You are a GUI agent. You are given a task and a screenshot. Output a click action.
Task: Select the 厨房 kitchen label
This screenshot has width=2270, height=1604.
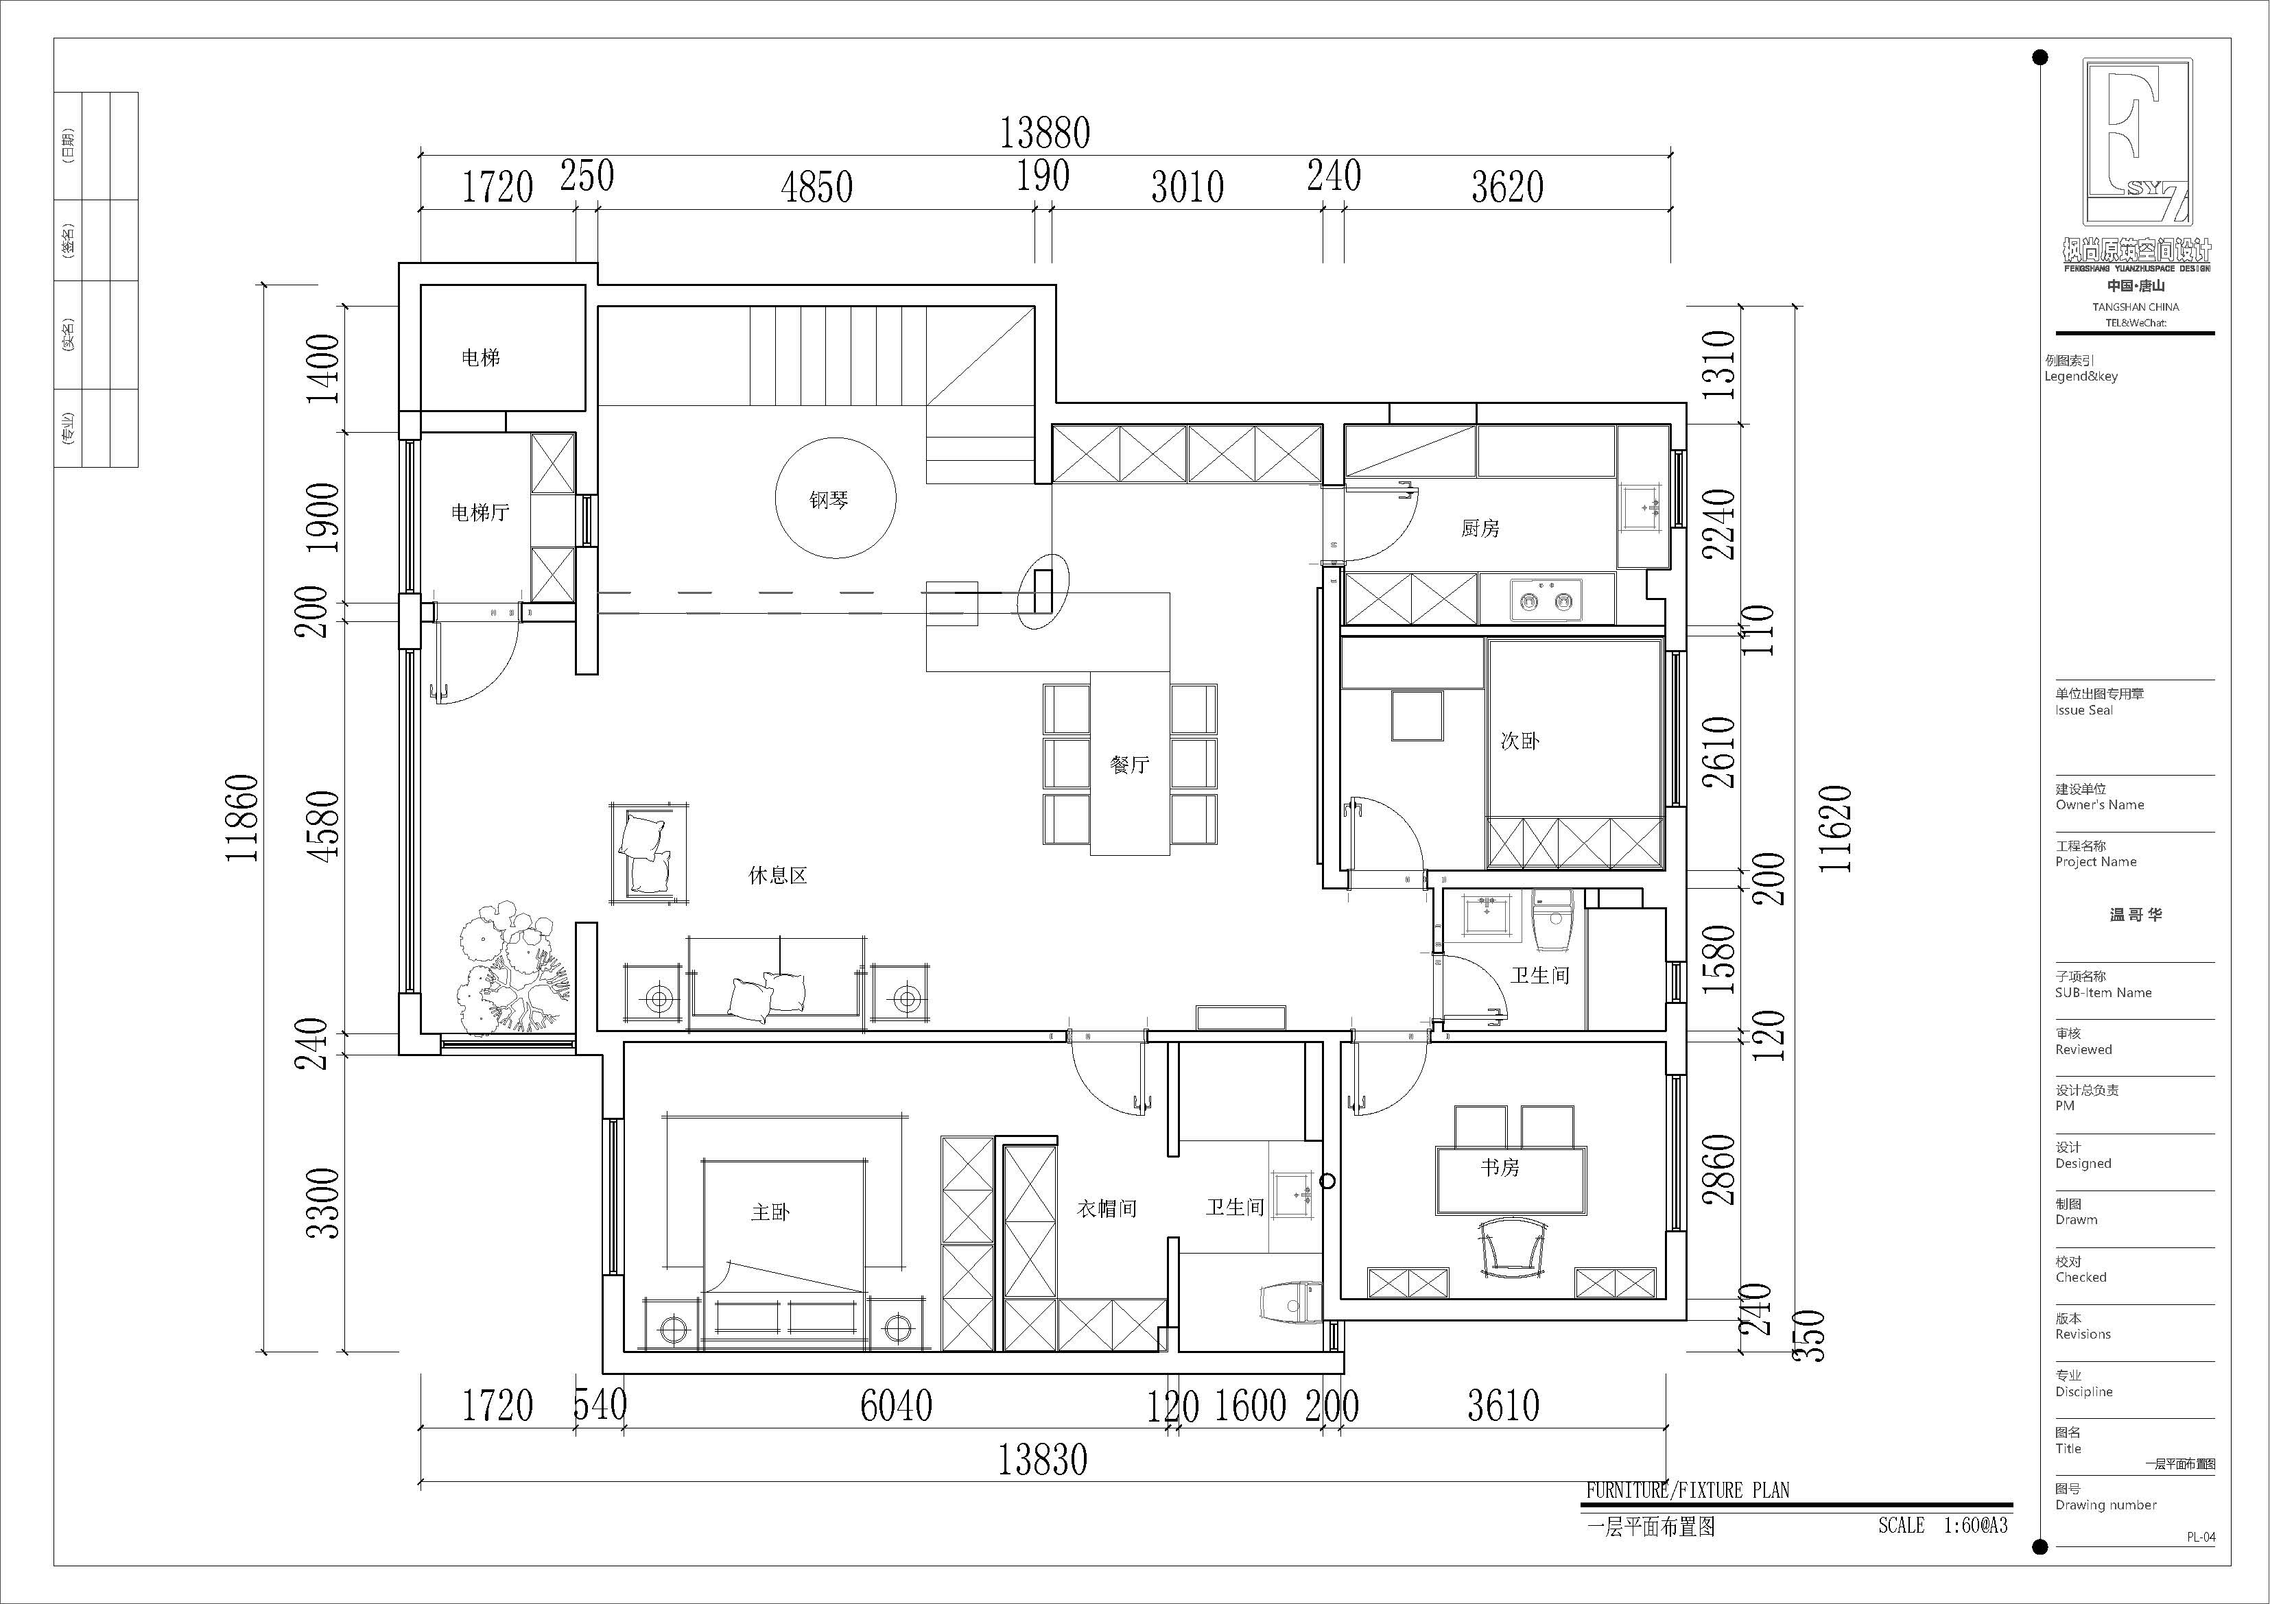[x=1480, y=529]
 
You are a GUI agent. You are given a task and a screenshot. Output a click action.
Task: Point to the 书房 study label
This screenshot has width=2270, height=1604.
[x=1500, y=1167]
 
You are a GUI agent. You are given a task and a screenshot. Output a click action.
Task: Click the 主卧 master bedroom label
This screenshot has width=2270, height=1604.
[x=770, y=1212]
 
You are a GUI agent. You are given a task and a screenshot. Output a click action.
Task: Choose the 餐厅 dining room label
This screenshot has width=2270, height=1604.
[x=1129, y=764]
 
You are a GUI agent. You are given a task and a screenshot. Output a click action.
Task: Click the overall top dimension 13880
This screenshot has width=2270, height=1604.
[x=1045, y=132]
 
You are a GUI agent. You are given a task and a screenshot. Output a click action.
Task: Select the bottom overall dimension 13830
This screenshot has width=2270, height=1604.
[x=1042, y=1459]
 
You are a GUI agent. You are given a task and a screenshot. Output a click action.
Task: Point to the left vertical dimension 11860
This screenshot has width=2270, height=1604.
[x=242, y=818]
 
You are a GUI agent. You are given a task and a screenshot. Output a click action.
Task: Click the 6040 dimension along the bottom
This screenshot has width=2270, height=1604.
[x=896, y=1405]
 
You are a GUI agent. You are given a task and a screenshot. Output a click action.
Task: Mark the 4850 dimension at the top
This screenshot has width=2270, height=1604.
[x=816, y=187]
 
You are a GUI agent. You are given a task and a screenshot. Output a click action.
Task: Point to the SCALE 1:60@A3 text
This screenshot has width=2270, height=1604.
[x=1943, y=1525]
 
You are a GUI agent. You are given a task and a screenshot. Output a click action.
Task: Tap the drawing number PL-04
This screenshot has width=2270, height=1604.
[x=2201, y=1537]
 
